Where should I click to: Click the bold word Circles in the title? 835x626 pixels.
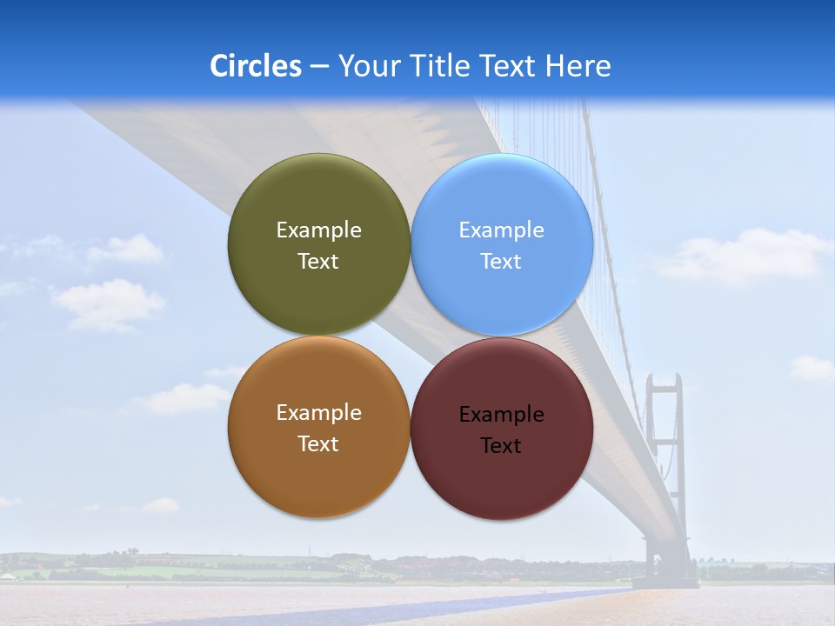256,66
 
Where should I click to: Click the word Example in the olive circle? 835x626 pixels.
318,230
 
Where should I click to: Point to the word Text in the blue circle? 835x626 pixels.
501,262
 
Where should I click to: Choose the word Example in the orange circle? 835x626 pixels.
318,413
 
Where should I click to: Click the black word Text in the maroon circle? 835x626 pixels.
501,446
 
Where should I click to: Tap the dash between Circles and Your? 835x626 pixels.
318,66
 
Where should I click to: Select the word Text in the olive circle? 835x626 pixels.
318,262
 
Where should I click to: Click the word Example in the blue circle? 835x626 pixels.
501,230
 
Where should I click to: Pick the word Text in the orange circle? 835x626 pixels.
318,444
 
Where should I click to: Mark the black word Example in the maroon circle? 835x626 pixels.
501,415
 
